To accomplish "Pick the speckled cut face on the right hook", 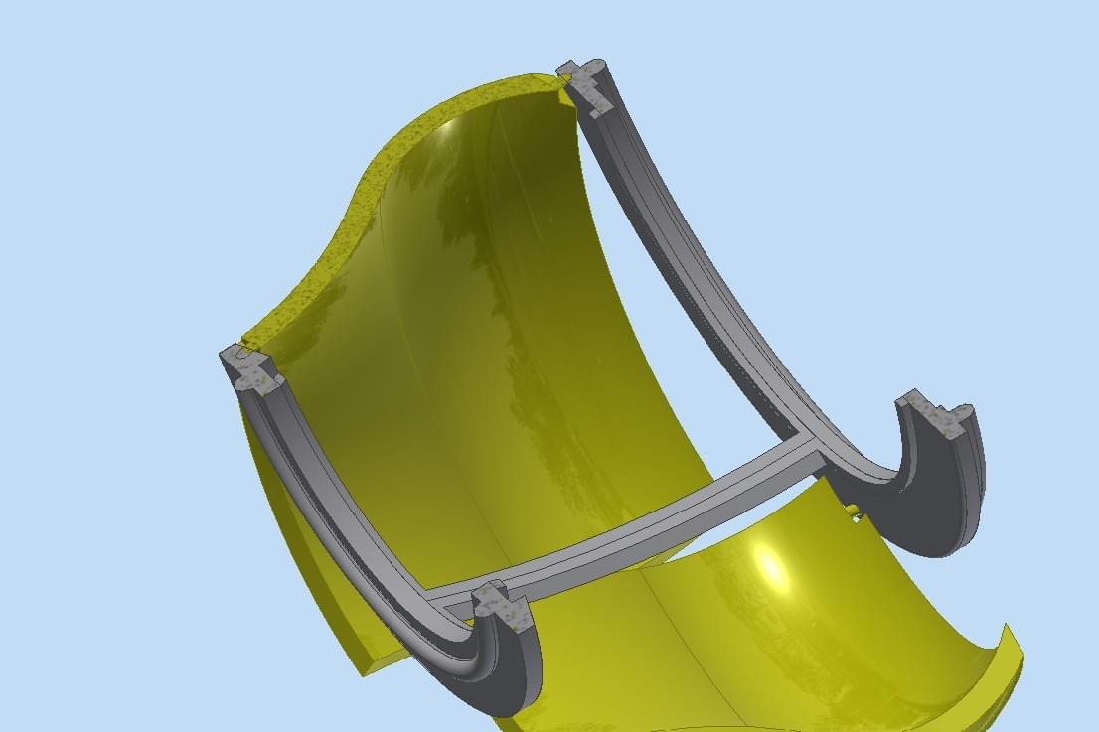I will click(935, 415).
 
